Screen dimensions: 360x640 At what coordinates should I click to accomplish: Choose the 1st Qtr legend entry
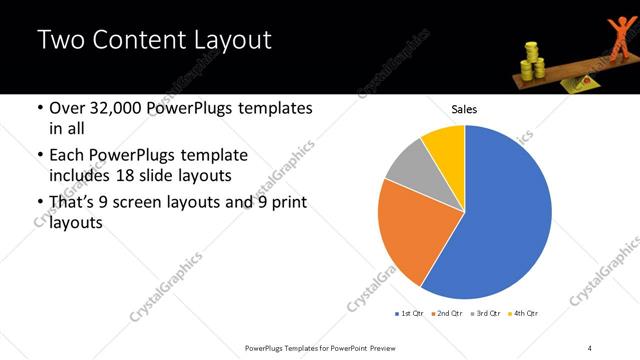[410, 313]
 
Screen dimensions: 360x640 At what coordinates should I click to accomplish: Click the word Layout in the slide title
[227, 41]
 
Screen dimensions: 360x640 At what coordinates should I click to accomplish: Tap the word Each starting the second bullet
[68, 156]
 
